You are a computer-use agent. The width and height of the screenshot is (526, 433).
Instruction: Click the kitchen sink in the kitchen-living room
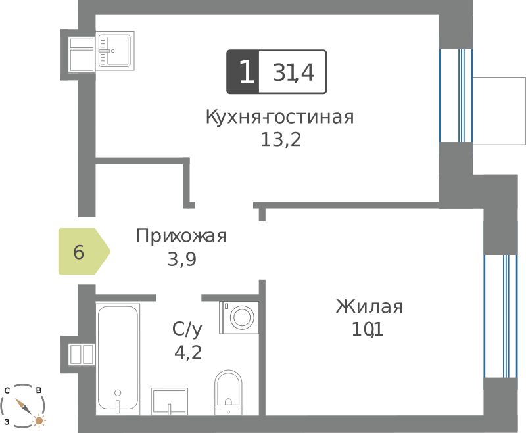click(x=114, y=51)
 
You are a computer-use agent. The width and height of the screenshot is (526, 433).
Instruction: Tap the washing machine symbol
click(x=239, y=317)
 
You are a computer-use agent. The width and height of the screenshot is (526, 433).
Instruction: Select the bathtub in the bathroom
click(x=118, y=359)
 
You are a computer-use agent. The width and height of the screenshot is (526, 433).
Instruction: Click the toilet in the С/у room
click(x=228, y=392)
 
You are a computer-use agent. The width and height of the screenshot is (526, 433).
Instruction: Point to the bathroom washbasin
click(x=170, y=401)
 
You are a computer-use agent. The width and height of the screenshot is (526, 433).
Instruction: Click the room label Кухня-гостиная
click(x=279, y=117)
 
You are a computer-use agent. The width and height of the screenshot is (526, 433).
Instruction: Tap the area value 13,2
click(x=281, y=139)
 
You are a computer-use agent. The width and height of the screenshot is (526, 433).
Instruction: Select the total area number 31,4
click(x=293, y=72)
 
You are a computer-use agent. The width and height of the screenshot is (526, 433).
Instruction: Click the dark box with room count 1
click(x=243, y=72)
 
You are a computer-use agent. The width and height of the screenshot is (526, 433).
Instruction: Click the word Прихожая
click(x=181, y=236)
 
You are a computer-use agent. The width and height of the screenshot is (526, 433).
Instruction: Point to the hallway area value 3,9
click(x=182, y=259)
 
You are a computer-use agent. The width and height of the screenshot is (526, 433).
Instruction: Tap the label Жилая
click(x=370, y=306)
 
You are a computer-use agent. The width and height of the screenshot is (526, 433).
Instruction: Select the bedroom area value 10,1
click(x=367, y=330)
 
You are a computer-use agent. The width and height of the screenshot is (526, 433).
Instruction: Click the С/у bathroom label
click(x=187, y=329)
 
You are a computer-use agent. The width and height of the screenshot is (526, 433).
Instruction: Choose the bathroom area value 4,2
click(x=188, y=352)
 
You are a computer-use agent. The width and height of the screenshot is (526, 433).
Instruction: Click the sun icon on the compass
click(x=39, y=421)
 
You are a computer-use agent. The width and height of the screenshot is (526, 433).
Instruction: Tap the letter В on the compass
click(x=39, y=390)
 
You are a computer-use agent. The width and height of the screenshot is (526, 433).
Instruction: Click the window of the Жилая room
click(x=500, y=316)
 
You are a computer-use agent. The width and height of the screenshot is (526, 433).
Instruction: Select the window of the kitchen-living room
click(x=456, y=95)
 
